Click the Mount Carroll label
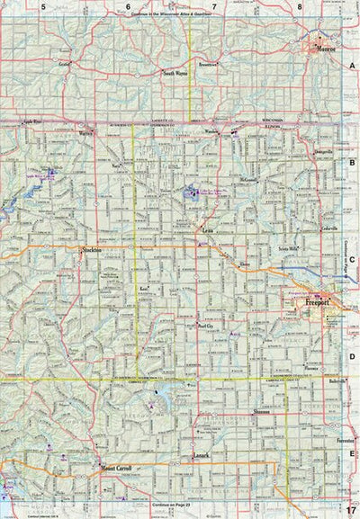116,469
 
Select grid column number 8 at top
299,5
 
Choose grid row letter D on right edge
353,355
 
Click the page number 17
351,512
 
